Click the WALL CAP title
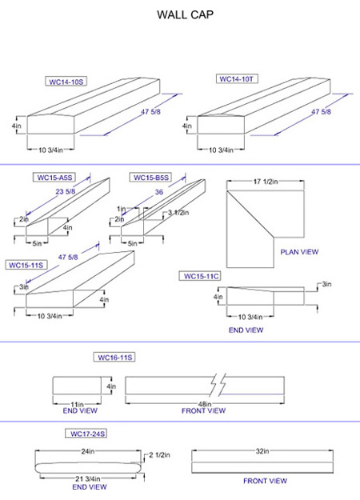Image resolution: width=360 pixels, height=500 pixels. (x=186, y=14)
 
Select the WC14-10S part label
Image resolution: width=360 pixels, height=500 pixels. (x=66, y=82)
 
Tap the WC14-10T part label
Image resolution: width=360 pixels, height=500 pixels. (x=237, y=78)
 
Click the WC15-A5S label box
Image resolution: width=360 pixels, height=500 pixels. (x=54, y=178)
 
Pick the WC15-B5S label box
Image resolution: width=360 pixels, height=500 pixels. (x=151, y=178)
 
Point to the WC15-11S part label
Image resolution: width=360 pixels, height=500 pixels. (x=26, y=265)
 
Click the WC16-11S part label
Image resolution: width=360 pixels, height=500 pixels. (x=114, y=357)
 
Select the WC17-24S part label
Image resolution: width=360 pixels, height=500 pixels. (x=86, y=434)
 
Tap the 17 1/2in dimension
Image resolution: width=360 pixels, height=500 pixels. (x=266, y=182)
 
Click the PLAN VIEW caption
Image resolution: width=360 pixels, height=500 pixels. (x=299, y=252)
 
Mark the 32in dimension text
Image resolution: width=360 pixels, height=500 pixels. (x=262, y=451)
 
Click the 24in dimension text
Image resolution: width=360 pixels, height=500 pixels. (x=88, y=451)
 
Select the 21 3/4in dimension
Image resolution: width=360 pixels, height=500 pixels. (x=88, y=478)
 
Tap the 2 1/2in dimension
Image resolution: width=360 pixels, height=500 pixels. (x=159, y=455)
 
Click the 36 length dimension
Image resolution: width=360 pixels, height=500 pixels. (x=158, y=192)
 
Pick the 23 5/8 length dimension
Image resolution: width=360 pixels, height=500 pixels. (x=66, y=191)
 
